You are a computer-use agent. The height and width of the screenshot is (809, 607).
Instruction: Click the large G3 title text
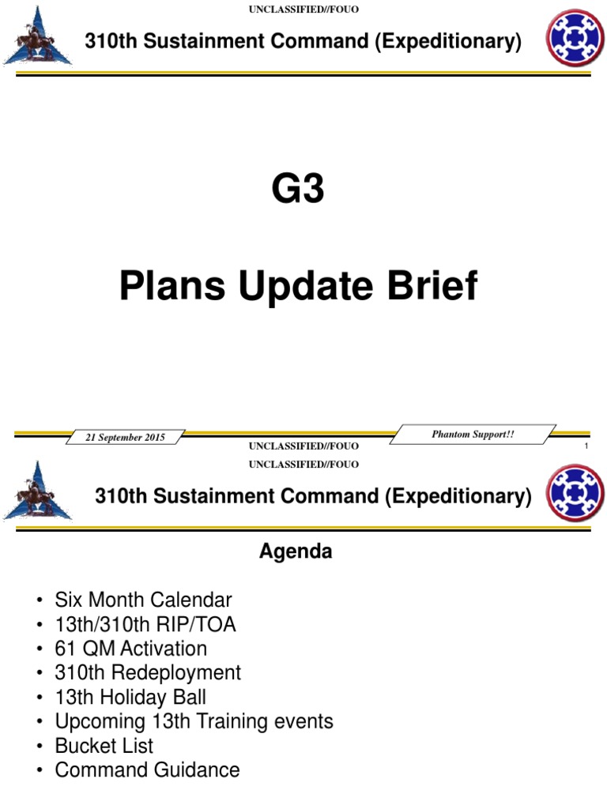pos(299,190)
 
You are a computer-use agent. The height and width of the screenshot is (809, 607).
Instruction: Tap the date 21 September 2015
pos(126,437)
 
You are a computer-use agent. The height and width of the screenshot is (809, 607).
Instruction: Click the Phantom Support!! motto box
pos(473,435)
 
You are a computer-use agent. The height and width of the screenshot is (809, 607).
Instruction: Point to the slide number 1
pos(586,448)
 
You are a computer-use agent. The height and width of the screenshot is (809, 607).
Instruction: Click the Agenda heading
pos(296,552)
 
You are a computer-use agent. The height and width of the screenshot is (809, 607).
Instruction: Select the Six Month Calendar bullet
pos(143,600)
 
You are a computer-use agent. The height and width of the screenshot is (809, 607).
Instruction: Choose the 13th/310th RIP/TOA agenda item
pos(145,624)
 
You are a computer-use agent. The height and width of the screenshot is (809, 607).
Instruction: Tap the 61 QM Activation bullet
pos(130,649)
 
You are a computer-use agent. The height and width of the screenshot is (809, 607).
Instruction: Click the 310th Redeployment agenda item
pos(148,672)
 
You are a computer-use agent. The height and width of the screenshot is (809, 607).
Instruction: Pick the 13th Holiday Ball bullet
pos(130,697)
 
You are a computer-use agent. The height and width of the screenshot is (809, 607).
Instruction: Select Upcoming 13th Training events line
pos(194,721)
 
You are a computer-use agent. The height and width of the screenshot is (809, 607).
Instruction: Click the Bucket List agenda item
pos(104,745)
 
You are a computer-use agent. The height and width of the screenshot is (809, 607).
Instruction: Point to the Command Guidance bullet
pos(147,769)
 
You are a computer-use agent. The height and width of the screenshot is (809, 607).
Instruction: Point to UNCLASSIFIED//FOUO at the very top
pos(303,9)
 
